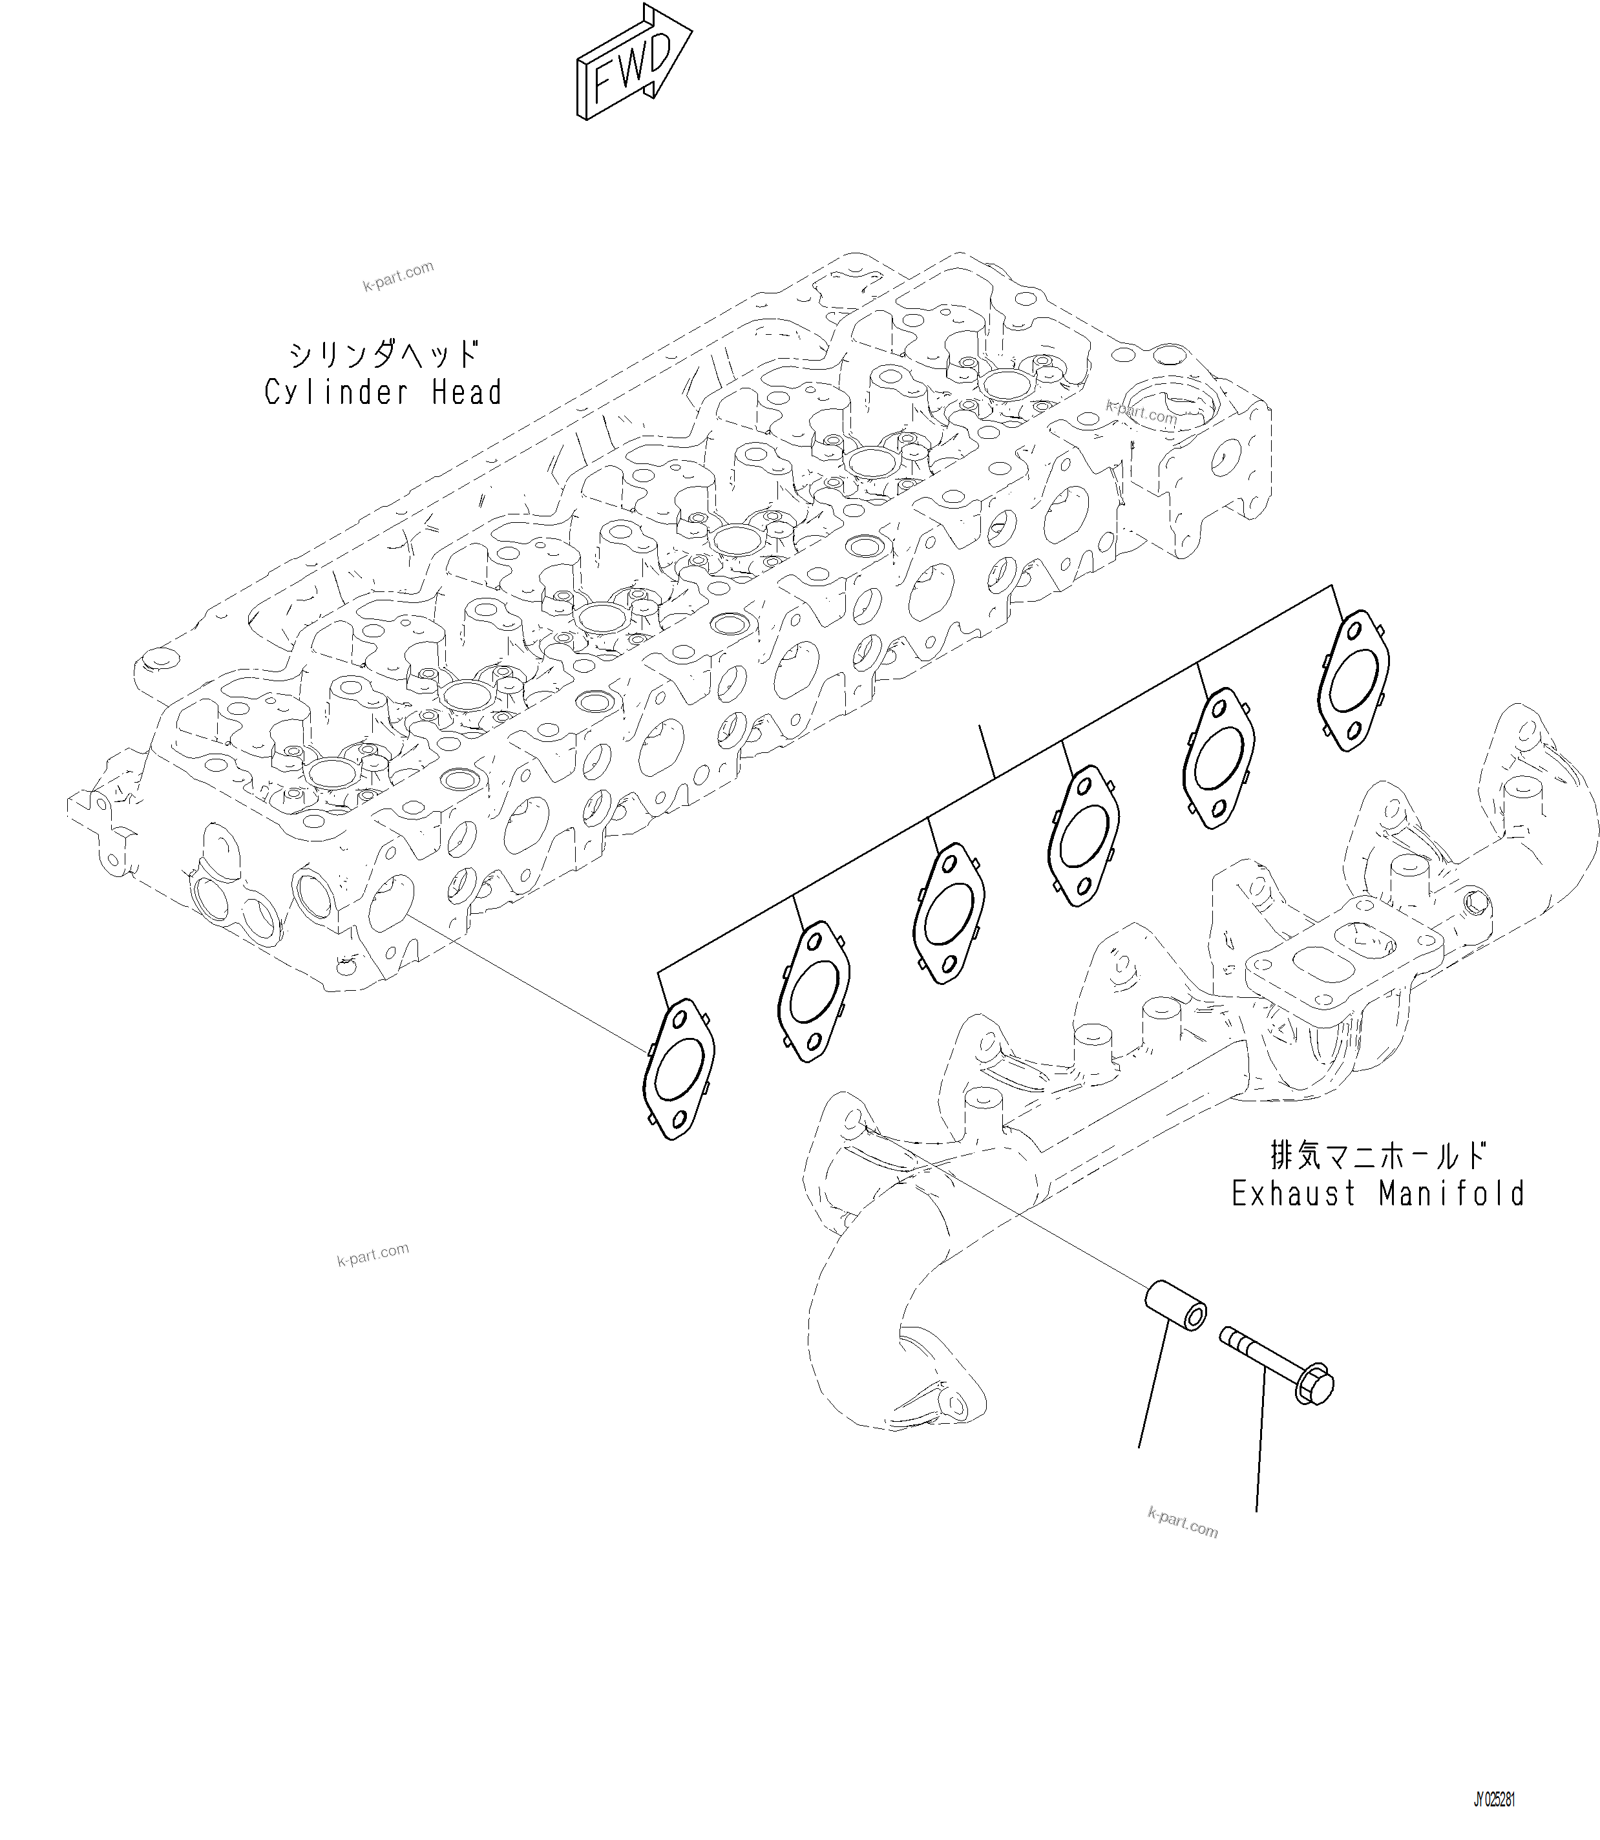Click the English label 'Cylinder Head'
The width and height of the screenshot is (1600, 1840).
tap(383, 393)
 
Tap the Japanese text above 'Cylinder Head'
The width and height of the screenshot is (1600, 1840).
tap(383, 354)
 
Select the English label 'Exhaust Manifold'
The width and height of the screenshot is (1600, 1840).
tap(1378, 1194)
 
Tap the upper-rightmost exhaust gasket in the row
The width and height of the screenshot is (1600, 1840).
tap(1354, 681)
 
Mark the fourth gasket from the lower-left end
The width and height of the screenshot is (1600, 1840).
tap(1083, 836)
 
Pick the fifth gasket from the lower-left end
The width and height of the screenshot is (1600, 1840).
tap(1219, 758)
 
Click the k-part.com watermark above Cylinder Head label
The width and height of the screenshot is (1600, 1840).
tap(398, 276)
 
